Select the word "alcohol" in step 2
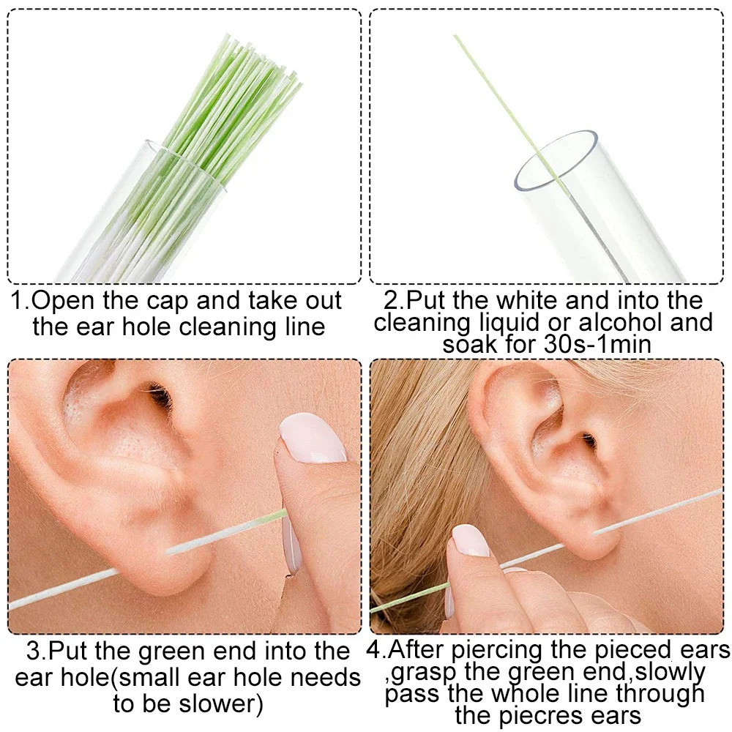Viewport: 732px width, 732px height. pyautogui.click(x=625, y=322)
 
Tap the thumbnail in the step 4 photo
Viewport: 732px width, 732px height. pyautogui.click(x=471, y=540)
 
